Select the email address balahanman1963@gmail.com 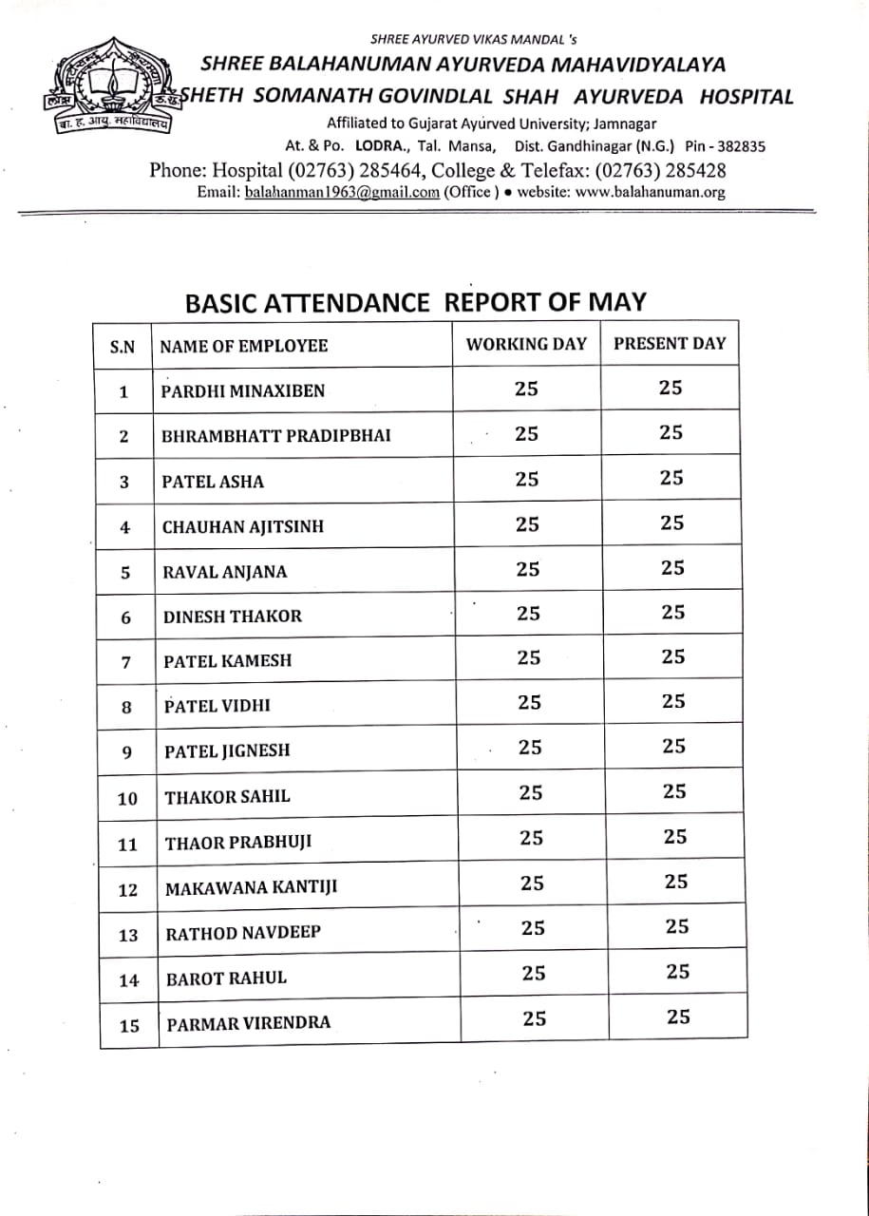[342, 192]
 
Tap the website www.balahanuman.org [650, 192]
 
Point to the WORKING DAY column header [526, 344]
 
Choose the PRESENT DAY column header [670, 344]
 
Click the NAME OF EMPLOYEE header [244, 346]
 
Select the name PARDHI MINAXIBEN [243, 391]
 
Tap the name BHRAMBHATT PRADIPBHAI [276, 436]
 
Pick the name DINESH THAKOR [233, 617]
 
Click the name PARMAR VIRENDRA [249, 1023]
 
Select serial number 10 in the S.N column [127, 799]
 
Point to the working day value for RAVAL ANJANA [528, 569]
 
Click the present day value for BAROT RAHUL [677, 972]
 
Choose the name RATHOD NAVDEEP [243, 933]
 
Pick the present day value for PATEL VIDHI [673, 702]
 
